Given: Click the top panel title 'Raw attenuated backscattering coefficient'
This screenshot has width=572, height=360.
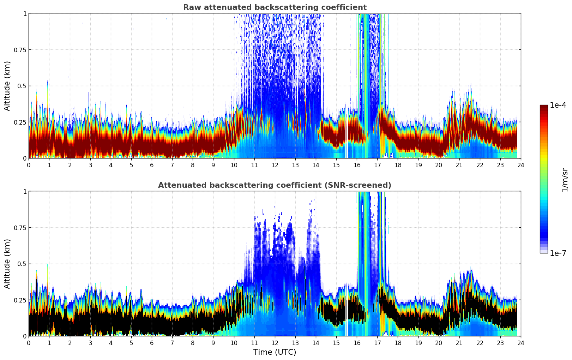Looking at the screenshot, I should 275,7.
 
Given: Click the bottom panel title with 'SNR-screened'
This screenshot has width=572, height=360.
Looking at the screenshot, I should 275,185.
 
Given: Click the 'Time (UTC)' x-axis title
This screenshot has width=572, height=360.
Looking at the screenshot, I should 275,352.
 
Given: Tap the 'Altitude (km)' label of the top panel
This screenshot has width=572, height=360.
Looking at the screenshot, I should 7,86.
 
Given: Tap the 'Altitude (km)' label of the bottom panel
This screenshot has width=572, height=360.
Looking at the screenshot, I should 7,264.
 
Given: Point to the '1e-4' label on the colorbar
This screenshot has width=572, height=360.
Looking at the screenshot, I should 558,105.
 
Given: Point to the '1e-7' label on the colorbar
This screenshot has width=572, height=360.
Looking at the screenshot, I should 558,253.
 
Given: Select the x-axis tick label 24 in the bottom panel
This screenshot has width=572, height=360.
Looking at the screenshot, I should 521,343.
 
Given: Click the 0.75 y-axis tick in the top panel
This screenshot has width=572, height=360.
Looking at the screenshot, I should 20,50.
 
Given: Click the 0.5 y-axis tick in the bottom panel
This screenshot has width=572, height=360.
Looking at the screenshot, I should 22,264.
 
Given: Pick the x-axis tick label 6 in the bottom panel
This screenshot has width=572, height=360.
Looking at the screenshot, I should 152,343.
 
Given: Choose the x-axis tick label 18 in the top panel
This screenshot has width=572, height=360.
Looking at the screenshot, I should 398,165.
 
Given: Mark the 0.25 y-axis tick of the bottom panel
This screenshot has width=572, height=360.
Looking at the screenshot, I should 20,300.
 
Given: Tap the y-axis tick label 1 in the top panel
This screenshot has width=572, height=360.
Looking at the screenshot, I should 25,13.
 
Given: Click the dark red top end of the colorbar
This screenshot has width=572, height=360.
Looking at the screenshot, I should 543,107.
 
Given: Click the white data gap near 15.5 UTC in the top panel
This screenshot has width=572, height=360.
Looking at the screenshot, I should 347,141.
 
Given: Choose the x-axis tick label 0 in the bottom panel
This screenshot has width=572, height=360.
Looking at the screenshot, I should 29,343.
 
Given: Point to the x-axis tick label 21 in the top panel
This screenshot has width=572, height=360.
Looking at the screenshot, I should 459,165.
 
